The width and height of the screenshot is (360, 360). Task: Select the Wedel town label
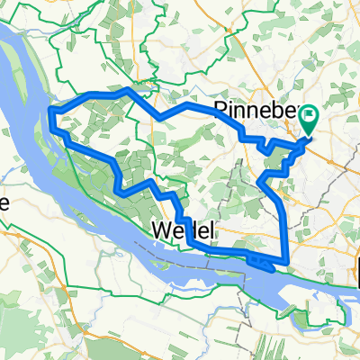[184, 230]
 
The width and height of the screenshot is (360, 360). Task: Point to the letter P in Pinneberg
[220, 110]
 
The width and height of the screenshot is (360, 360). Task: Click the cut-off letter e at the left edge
[4, 203]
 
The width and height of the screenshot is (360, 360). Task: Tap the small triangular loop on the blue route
[263, 262]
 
